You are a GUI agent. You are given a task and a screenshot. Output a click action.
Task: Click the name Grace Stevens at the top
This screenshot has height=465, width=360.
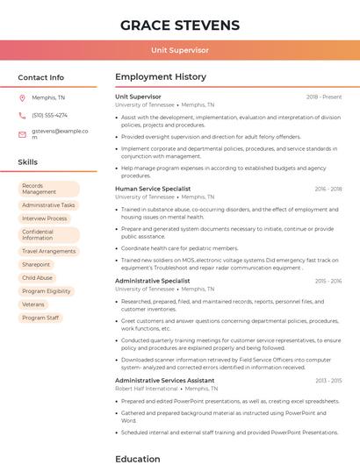click(180, 25)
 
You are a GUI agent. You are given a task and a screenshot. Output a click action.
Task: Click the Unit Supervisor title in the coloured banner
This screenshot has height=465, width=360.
click(180, 50)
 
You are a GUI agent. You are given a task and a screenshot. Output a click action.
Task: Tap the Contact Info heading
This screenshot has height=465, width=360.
click(41, 77)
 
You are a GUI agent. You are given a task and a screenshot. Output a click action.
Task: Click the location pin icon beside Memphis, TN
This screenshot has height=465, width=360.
click(22, 97)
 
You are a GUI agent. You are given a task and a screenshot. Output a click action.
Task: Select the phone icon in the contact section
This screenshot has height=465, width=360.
click(22, 115)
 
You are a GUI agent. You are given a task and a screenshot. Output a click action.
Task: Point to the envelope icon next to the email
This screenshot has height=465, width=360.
click(22, 133)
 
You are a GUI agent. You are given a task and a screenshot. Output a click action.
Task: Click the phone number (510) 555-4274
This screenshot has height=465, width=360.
click(49, 115)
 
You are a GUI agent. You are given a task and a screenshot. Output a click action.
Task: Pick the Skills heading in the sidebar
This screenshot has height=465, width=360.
click(28, 162)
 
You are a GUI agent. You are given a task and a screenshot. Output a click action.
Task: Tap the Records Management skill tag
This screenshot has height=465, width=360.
click(47, 189)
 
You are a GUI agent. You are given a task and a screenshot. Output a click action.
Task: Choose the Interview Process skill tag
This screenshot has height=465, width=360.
click(44, 218)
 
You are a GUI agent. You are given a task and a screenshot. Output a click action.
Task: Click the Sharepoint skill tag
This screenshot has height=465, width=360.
click(36, 264)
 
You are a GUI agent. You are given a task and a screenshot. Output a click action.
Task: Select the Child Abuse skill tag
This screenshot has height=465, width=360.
click(37, 277)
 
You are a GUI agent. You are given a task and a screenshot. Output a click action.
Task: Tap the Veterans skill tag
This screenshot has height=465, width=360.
click(33, 304)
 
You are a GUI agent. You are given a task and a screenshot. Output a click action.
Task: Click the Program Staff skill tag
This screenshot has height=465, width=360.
click(40, 318)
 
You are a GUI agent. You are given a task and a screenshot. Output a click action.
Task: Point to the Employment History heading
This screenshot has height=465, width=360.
click(161, 77)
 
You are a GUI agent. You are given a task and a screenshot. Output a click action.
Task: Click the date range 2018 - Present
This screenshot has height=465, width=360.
click(324, 97)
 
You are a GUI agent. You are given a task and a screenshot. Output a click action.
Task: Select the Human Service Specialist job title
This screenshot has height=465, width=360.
click(153, 189)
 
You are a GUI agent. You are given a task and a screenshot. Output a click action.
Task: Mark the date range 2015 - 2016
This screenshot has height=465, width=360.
click(328, 281)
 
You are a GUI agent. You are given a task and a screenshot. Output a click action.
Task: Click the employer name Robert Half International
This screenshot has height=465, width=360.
click(146, 388)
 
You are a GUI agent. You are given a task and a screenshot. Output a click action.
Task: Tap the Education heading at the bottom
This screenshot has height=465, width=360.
click(138, 458)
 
